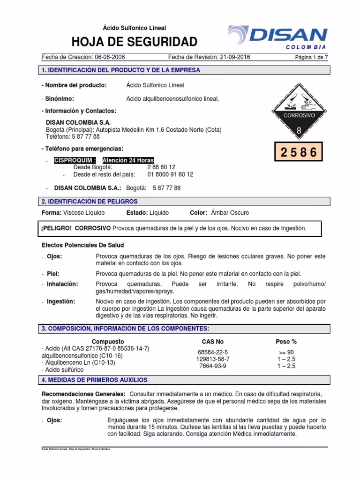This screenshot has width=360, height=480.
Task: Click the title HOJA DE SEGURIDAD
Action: pos(134,42)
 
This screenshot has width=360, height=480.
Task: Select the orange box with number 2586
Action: pos(299,152)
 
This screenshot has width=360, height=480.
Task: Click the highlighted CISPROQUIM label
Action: pos(75,160)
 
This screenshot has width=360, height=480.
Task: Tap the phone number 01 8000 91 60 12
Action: pos(170,174)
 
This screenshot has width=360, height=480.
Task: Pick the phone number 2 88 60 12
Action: pos(161,167)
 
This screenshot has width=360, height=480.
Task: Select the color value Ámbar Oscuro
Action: pos(230,213)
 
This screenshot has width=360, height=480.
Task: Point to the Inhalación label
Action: pos(62,284)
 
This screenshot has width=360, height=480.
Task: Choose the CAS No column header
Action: pos(212,342)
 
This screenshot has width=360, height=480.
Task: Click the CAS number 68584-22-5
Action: pos(212,352)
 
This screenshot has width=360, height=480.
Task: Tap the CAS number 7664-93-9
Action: pos(212,366)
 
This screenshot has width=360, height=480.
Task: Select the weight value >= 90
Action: pos(286,352)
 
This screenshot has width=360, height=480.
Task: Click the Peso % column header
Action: pos(286,342)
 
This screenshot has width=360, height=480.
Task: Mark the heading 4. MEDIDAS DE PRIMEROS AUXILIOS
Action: pos(95,380)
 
